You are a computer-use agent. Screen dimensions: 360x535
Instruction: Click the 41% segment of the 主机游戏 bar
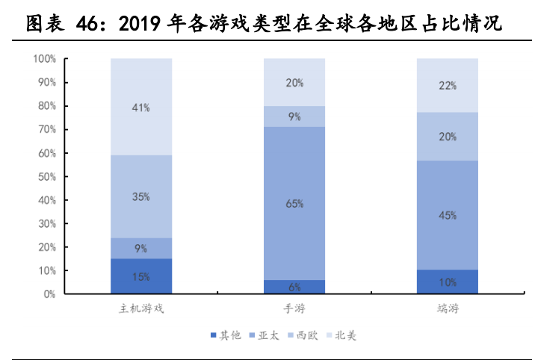coord(141,107)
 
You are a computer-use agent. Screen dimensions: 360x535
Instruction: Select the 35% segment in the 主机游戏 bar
coord(141,196)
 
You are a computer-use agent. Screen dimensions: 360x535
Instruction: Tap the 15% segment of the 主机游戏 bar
coord(141,276)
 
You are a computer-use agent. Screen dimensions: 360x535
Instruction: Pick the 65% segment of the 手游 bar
coord(294,203)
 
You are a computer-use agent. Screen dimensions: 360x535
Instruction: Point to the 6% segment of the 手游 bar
coord(294,287)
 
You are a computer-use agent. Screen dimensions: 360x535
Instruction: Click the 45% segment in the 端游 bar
coord(447,215)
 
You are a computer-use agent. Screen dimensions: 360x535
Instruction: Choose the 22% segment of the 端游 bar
coord(447,85)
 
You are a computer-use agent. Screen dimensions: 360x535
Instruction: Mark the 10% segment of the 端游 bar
coord(447,282)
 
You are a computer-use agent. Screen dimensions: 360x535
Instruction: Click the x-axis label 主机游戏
coord(141,308)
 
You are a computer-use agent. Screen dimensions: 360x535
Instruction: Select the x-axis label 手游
coord(294,308)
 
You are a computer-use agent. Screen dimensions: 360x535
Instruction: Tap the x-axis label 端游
coord(447,308)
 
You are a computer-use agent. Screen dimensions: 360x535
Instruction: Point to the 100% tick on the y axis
coord(45,59)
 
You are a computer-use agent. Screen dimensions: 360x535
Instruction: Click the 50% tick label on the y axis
coord(47,176)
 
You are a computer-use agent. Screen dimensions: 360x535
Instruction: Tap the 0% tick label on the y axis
coord(49,294)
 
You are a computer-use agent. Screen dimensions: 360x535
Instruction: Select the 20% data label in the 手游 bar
coord(294,83)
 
